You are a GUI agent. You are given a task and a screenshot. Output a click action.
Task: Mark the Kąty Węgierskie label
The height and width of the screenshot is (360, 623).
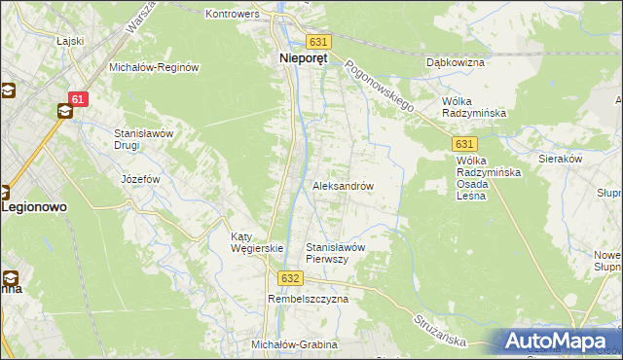coord(256,242)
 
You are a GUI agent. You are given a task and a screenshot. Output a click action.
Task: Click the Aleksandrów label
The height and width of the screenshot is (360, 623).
coord(343,185)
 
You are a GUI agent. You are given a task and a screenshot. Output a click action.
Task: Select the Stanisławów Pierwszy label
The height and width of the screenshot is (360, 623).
coord(336,253)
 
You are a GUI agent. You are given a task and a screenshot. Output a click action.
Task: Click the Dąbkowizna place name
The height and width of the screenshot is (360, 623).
coord(456,62)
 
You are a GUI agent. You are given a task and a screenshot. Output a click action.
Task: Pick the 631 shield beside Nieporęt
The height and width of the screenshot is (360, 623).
coord(318,42)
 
